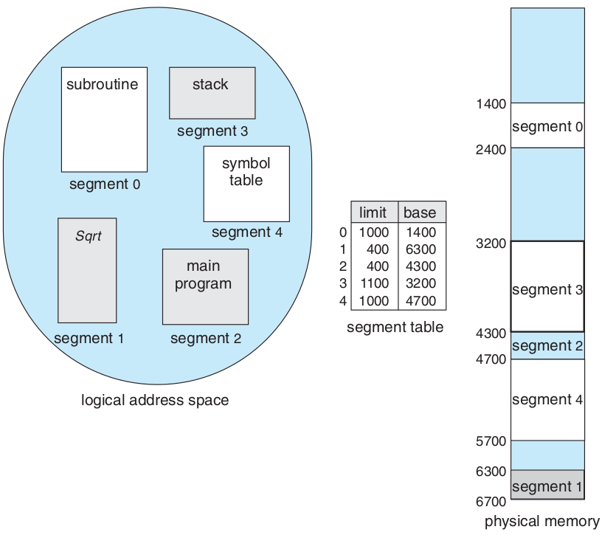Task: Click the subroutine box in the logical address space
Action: pos(104,120)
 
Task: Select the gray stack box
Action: pos(212,93)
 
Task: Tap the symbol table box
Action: pos(246,184)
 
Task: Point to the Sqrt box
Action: pos(87,270)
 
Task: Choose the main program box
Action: pos(205,286)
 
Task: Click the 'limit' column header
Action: pos(373,213)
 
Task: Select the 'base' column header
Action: pos(421,213)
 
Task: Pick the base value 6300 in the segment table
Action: pos(421,249)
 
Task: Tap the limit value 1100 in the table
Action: pos(373,283)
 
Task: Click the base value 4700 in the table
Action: pos(421,300)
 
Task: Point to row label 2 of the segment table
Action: pos(343,266)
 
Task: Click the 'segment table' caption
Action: pos(395,327)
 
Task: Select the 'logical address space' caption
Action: pos(155,401)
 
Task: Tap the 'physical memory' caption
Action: pos(542,522)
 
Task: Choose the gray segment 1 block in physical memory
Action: pos(547,486)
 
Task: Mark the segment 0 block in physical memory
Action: pos(547,125)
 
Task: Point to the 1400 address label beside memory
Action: pos(491,103)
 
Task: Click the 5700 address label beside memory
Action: pos(491,441)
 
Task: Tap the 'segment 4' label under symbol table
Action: pos(246,232)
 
